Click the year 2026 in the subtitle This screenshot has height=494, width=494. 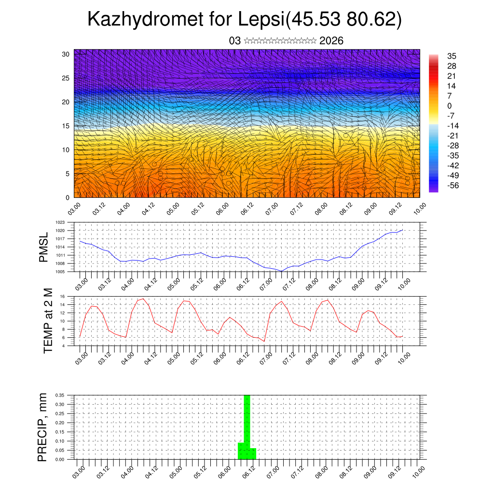[x=331, y=41]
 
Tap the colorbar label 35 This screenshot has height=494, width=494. [x=452, y=56]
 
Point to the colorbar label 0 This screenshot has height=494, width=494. [x=450, y=106]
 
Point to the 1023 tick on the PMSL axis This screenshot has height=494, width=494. [x=60, y=222]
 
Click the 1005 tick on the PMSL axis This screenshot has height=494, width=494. [x=60, y=272]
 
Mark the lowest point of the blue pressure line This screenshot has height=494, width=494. [x=282, y=271]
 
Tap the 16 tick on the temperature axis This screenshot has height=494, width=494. [x=62, y=296]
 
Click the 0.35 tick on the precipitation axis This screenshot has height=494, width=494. [x=59, y=395]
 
